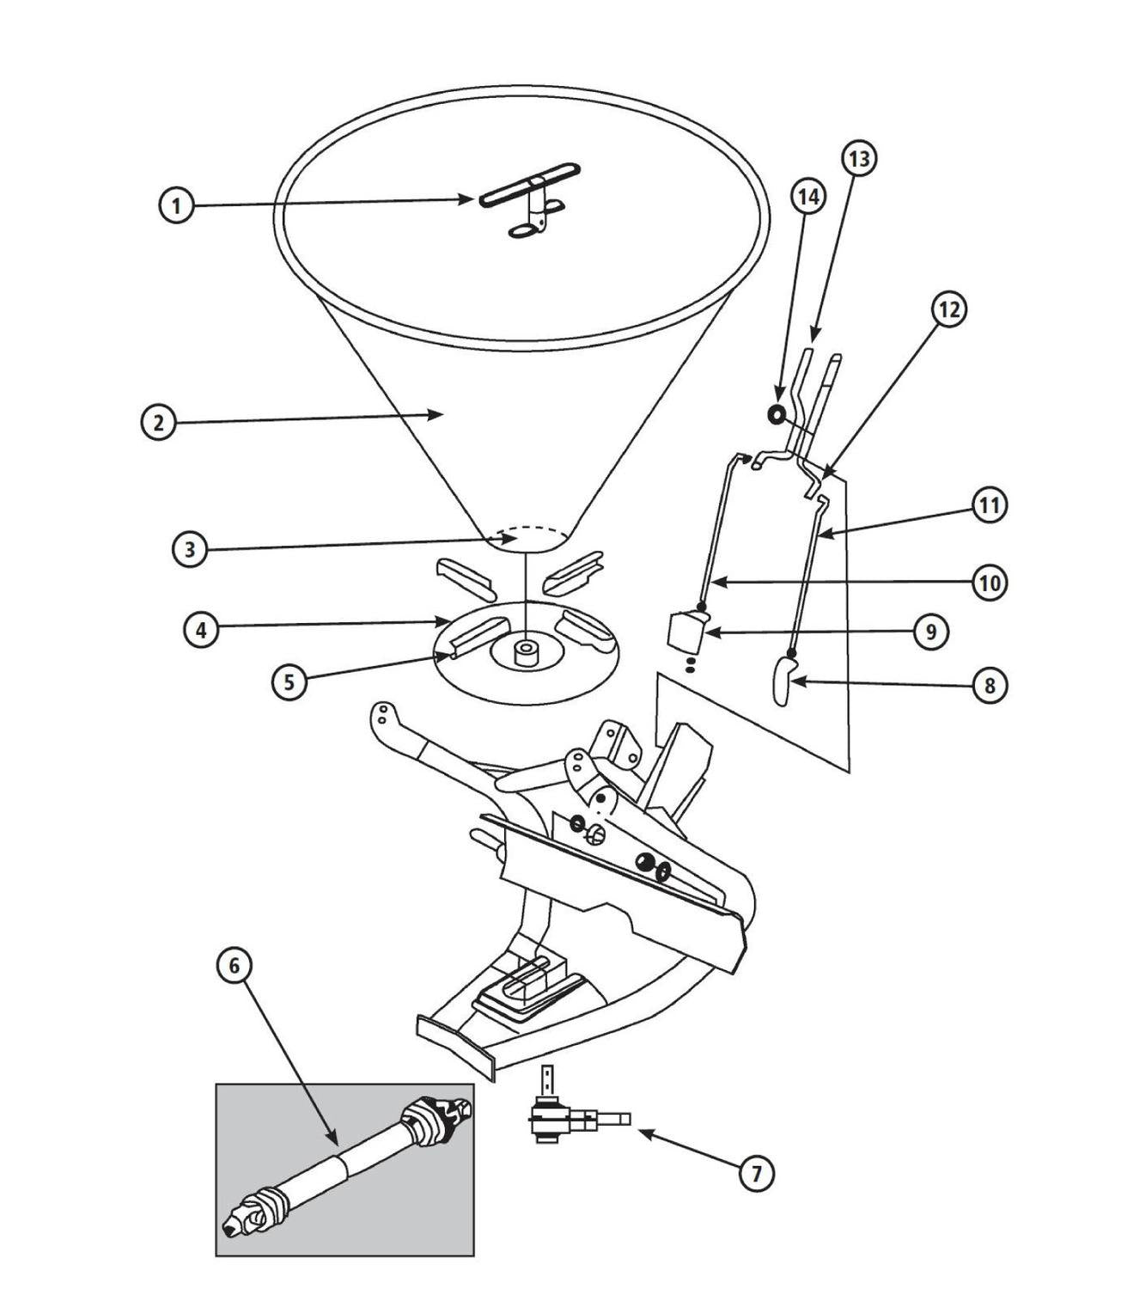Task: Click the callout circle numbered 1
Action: (x=176, y=205)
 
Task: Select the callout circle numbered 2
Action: (x=159, y=422)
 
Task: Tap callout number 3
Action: (x=190, y=549)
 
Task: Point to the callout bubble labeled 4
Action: (x=202, y=629)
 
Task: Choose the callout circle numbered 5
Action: (x=289, y=681)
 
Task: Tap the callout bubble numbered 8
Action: (x=990, y=685)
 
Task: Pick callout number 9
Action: (x=931, y=631)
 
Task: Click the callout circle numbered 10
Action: (x=990, y=583)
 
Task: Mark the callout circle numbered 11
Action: (x=990, y=504)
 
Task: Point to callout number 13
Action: (x=859, y=159)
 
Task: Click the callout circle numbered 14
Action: (x=808, y=197)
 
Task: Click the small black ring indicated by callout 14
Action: (x=776, y=414)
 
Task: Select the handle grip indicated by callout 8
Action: (x=783, y=681)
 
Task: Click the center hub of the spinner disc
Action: (x=525, y=653)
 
